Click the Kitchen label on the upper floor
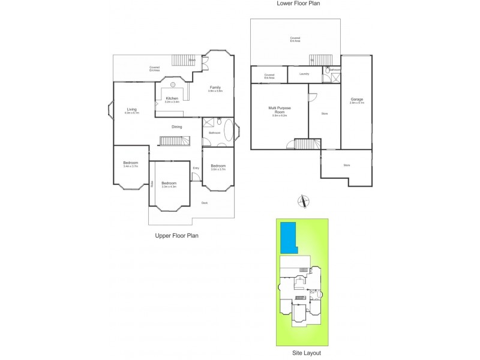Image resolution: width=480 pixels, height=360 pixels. click(x=172, y=98)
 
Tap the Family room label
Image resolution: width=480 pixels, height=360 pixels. click(x=215, y=88)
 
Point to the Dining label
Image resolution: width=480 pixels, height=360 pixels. click(x=177, y=127)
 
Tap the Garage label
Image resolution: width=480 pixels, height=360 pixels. click(x=356, y=100)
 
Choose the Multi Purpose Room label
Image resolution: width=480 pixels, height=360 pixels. click(x=279, y=110)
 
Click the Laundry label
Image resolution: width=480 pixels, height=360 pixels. click(x=304, y=74)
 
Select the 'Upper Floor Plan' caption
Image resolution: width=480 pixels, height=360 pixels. click(x=177, y=236)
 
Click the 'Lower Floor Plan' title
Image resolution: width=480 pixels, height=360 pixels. click(x=298, y=4)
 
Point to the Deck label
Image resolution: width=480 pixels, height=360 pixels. click(x=205, y=203)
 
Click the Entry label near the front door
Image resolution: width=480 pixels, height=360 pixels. click(x=196, y=168)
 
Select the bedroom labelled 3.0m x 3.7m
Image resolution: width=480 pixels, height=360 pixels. click(x=218, y=167)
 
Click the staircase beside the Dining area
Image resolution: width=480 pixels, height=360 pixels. click(x=174, y=140)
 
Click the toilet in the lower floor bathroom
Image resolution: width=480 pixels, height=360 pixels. click(x=327, y=70)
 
